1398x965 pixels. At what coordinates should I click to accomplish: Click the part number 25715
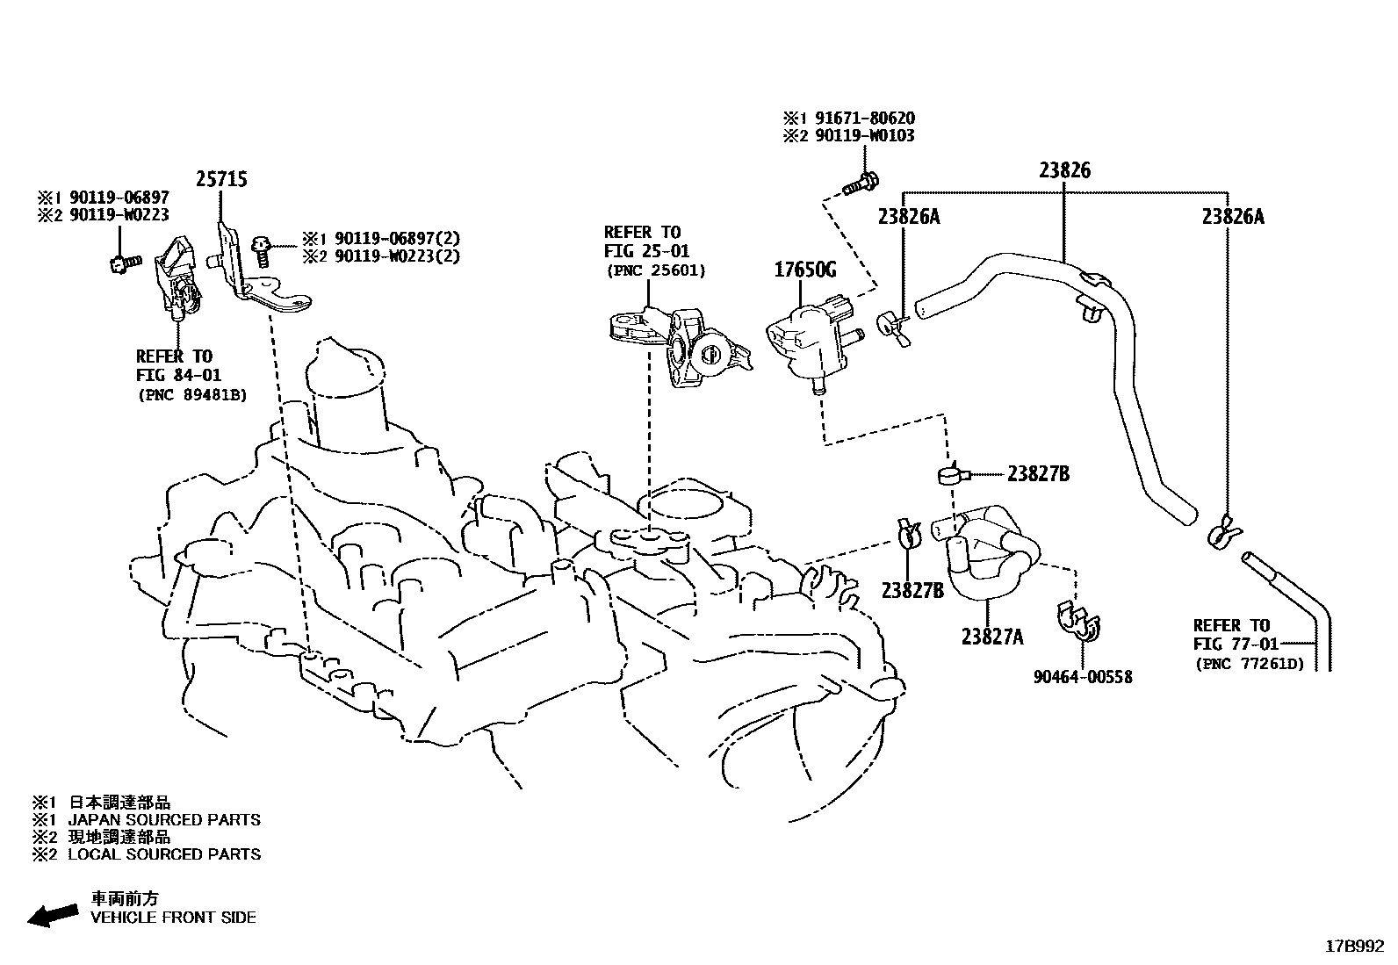click(x=220, y=179)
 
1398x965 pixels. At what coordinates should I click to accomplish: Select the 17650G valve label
click(x=804, y=270)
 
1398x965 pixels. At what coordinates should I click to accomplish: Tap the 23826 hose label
click(x=1064, y=170)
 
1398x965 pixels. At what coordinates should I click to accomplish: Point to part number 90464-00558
click(x=1083, y=676)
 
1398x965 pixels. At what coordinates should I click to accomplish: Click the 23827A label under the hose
click(x=992, y=637)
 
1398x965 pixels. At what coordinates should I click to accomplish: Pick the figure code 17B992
click(x=1355, y=947)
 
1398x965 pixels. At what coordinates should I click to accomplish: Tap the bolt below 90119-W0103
click(x=859, y=185)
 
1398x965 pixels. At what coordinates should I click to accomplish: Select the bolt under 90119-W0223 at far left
click(x=123, y=261)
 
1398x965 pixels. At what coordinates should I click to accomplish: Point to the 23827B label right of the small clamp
click(x=1038, y=474)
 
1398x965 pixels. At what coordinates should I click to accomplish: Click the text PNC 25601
click(x=655, y=270)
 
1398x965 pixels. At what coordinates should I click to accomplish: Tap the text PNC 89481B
click(x=191, y=395)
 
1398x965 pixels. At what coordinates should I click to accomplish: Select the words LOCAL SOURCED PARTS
click(x=164, y=853)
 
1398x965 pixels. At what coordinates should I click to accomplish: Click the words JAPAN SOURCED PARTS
click(x=164, y=820)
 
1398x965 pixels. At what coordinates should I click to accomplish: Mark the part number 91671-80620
click(x=860, y=118)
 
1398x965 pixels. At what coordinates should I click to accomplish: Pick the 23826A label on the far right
click(x=1232, y=216)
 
